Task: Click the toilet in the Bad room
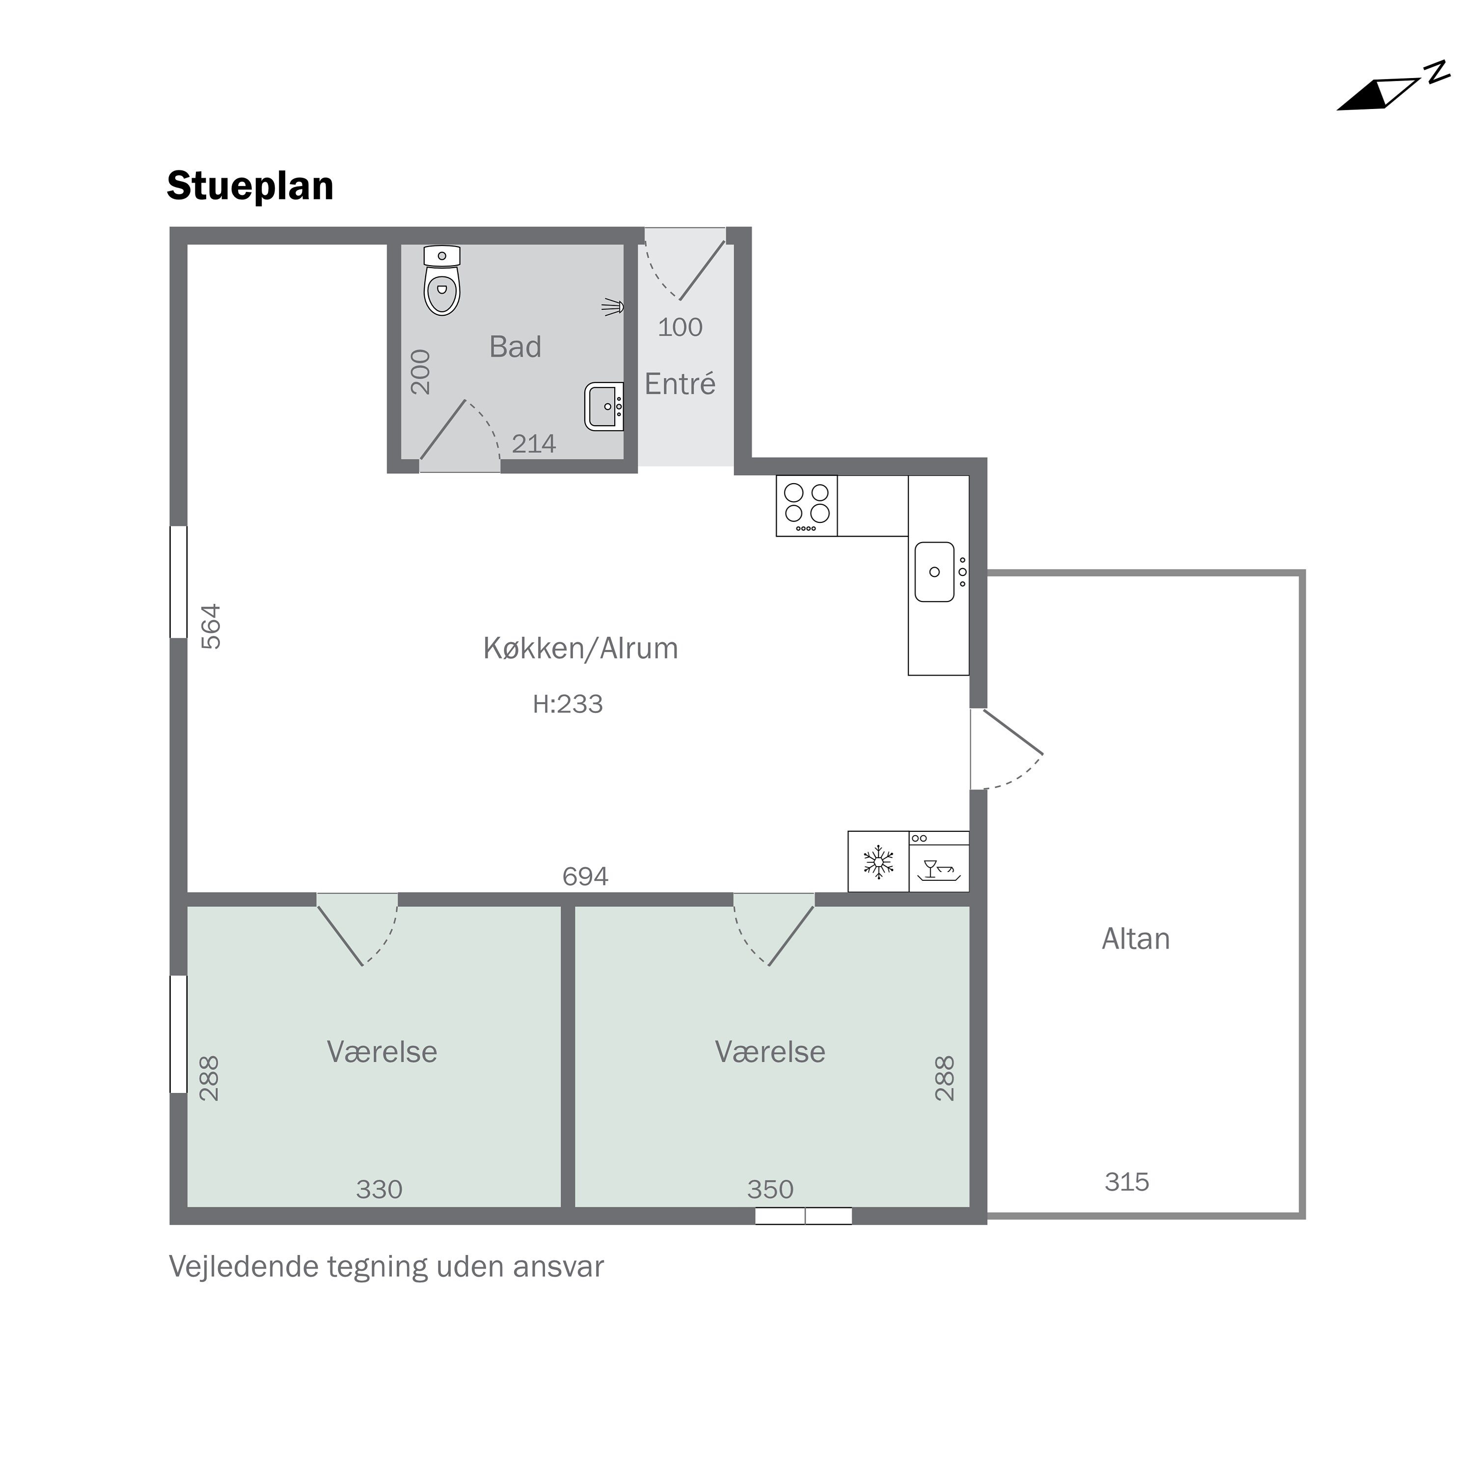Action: [442, 282]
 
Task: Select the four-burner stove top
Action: [807, 506]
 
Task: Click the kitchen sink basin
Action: [935, 573]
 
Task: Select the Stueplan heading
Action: [250, 186]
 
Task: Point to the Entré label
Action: [680, 384]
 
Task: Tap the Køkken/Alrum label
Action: [581, 649]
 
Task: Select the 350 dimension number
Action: [770, 1189]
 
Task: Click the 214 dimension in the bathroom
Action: [534, 444]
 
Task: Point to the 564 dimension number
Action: [211, 627]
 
